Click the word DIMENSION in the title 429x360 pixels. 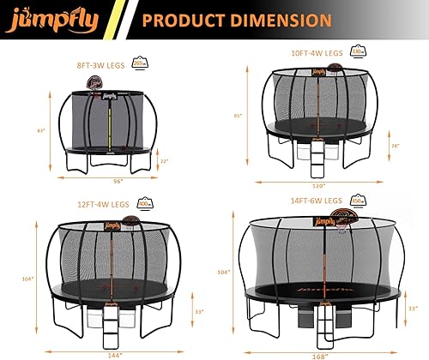pos(275,19)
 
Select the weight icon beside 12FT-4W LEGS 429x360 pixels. pos(145,204)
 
